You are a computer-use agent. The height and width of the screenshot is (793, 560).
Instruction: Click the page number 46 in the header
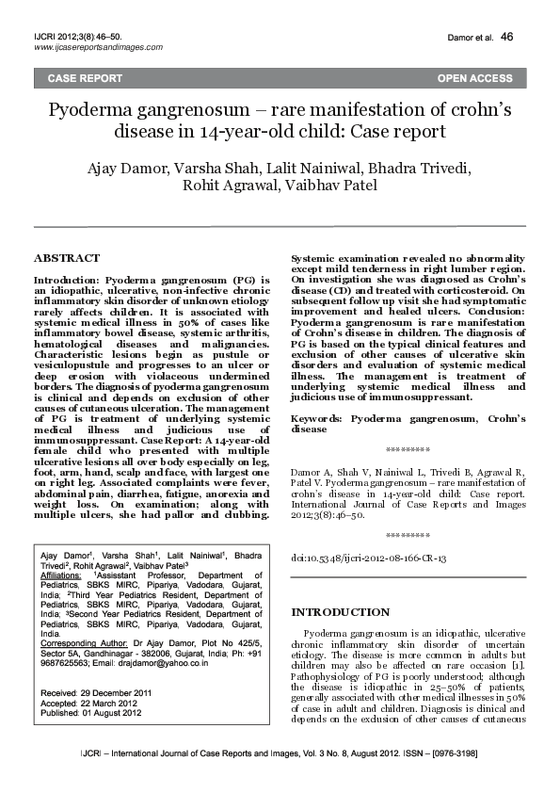(507, 37)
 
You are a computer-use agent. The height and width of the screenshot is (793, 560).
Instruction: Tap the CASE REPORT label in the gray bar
(85, 78)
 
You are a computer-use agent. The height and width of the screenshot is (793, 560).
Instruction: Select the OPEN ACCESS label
(474, 78)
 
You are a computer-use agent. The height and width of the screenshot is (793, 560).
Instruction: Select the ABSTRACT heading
(66, 257)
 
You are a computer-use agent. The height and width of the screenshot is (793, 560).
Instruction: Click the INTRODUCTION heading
(340, 612)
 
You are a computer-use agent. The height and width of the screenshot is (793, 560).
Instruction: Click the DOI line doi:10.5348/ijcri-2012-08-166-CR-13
(369, 558)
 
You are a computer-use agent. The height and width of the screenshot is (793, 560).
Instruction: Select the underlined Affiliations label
(61, 574)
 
